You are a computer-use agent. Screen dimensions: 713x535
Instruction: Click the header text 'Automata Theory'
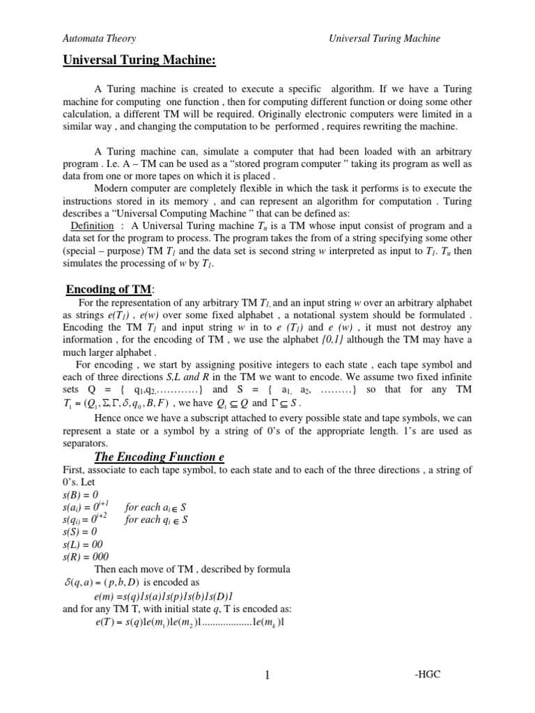[x=100, y=39]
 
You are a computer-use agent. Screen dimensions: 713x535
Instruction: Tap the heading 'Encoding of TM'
[x=110, y=290]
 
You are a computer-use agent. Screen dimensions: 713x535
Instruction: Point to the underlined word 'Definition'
[x=92, y=226]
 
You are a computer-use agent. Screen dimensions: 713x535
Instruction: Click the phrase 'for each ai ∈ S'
[x=156, y=506]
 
